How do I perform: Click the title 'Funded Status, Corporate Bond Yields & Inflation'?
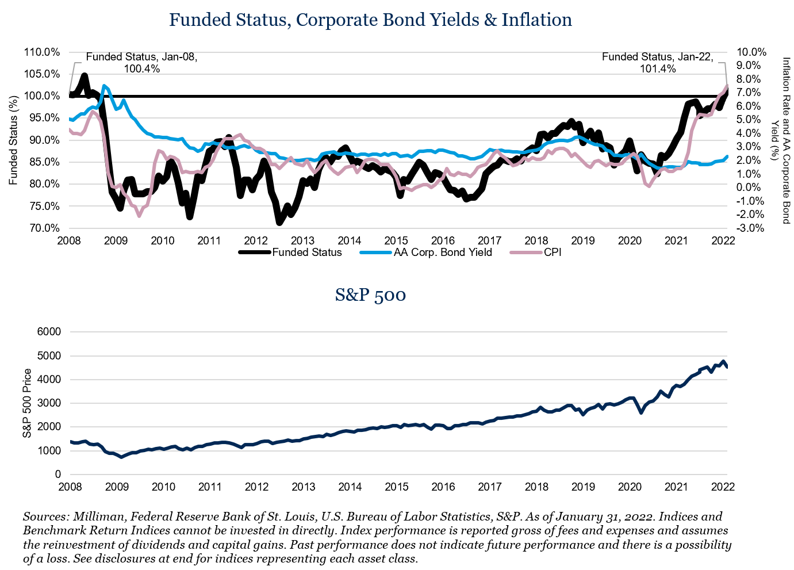[x=370, y=20]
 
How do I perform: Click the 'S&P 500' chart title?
[x=370, y=295]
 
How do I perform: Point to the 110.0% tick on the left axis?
[x=42, y=52]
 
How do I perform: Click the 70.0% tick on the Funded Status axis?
[x=44, y=228]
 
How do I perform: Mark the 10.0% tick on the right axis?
[x=751, y=52]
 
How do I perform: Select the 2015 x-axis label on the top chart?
[x=396, y=240]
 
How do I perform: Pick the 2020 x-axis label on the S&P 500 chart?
[x=630, y=487]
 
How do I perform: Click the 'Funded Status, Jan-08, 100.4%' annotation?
[x=141, y=63]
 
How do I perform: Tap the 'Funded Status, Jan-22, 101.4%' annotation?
[x=657, y=63]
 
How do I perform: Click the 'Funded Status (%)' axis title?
[x=13, y=140]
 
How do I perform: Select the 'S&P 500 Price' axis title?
[x=27, y=403]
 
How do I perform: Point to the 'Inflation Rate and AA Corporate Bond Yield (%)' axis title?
[x=781, y=140]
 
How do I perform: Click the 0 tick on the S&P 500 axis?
[x=57, y=475]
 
